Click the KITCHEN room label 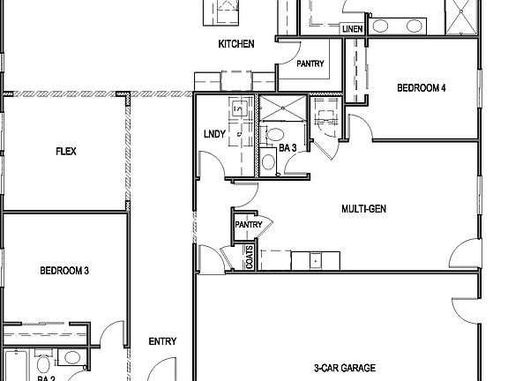(236, 43)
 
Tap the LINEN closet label (352, 29)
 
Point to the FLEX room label (65, 151)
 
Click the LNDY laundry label (214, 134)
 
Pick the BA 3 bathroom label (288, 148)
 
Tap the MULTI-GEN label (365, 209)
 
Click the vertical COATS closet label (250, 257)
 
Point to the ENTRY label (162, 341)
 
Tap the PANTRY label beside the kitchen (310, 63)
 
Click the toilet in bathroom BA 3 (274, 135)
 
